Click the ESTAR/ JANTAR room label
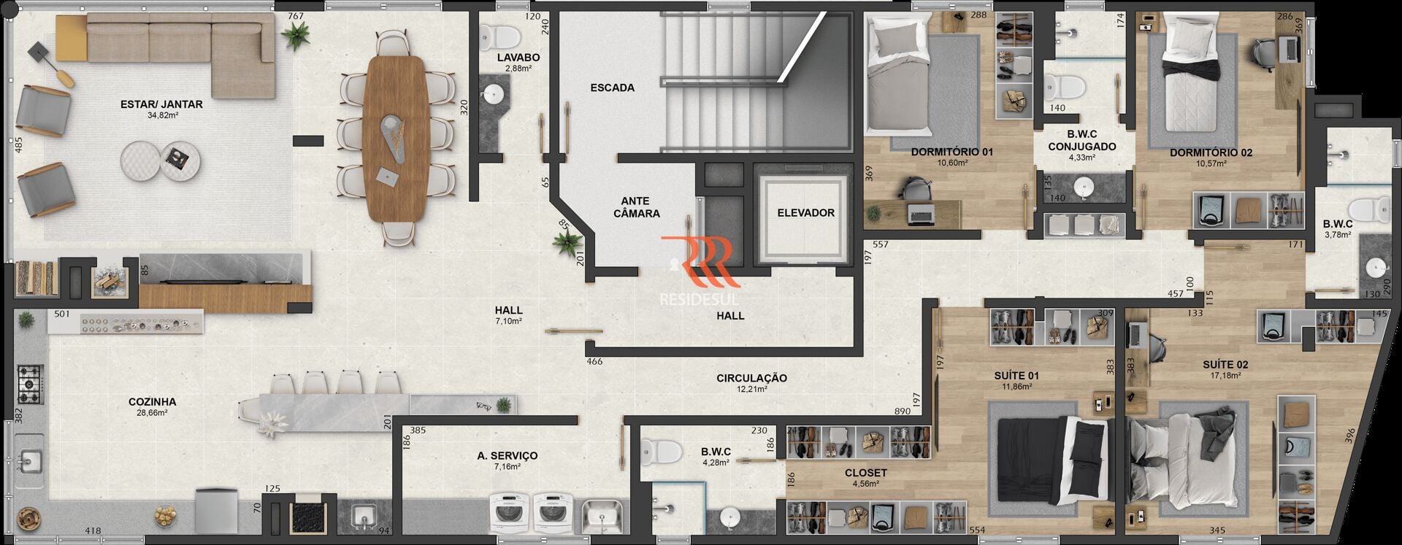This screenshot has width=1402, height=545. click(x=161, y=104)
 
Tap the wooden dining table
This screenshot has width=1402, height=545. click(x=395, y=138)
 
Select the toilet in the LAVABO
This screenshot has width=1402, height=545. click(x=499, y=35)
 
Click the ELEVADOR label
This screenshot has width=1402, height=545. click(x=805, y=213)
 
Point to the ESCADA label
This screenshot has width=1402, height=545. click(x=612, y=88)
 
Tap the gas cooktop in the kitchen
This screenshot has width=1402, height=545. click(x=30, y=384)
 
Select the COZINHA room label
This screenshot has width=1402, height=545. click(x=152, y=402)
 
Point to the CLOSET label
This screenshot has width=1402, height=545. click(x=865, y=473)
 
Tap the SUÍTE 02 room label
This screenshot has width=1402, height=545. click(x=1225, y=365)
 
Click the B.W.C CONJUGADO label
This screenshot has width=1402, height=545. click(x=1082, y=141)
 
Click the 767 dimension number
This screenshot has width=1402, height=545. click(x=295, y=16)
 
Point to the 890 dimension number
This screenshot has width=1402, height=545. click(x=902, y=411)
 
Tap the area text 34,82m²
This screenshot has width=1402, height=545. click(x=163, y=115)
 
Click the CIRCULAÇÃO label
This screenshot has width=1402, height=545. click(x=751, y=378)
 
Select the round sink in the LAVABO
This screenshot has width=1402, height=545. click(x=494, y=93)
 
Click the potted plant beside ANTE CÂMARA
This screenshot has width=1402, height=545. click(x=565, y=241)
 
